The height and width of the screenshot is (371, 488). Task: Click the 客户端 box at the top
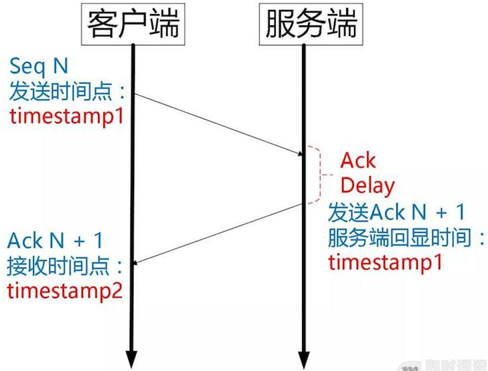(133, 24)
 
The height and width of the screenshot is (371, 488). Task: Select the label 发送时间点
(67, 91)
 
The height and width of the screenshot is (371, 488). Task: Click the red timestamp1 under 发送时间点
(67, 116)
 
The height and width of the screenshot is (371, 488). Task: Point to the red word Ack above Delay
(358, 160)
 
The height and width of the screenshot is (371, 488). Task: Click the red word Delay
(367, 185)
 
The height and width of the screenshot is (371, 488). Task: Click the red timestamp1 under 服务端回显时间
(385, 262)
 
